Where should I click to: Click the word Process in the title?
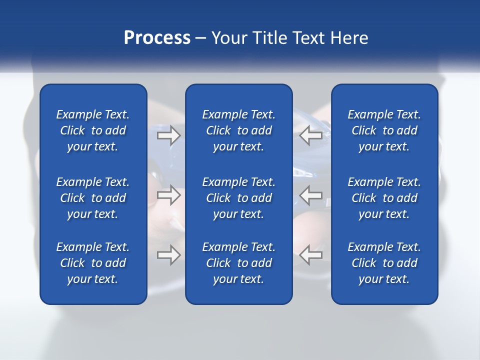pos(157,38)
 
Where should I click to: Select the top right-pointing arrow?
pos(168,135)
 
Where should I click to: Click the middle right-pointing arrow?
pos(168,195)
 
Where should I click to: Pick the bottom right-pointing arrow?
pos(168,254)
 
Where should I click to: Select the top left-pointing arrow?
pos(310,135)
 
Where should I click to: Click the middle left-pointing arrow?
pos(310,195)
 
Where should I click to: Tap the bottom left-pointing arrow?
pos(310,254)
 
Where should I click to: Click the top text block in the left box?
pos(93,130)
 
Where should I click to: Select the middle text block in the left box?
pos(93,198)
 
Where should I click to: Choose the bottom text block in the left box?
pos(93,263)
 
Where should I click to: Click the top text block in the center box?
pos(238,130)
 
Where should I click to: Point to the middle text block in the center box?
pos(238,198)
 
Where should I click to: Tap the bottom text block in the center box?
pos(238,263)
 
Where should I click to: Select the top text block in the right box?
pos(384,130)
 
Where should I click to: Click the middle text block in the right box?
pos(384,198)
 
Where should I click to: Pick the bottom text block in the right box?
pos(384,263)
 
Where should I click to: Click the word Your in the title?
pos(228,38)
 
